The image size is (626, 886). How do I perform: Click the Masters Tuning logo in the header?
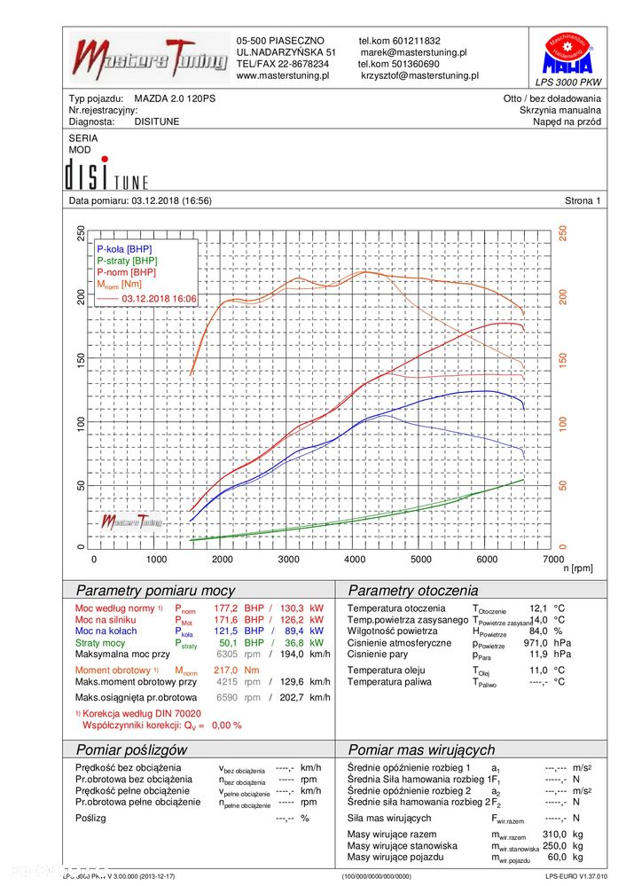[149, 59]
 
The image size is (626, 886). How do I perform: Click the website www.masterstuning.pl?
[283, 76]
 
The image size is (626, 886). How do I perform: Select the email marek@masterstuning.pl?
[413, 52]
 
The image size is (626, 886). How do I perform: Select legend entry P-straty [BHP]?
[127, 261]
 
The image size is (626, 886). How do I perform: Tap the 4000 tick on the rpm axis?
[356, 560]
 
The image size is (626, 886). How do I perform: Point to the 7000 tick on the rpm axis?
[552, 560]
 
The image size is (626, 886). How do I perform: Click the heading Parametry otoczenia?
[412, 591]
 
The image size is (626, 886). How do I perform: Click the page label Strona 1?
[582, 201]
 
